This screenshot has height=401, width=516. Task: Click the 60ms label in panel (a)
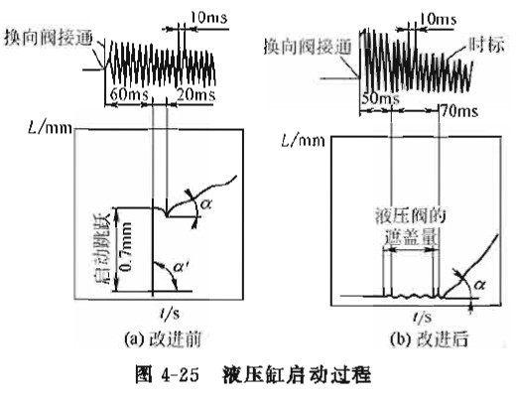point(129,94)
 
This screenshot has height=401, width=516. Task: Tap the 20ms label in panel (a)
point(195,94)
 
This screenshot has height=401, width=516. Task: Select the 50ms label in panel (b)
point(380,98)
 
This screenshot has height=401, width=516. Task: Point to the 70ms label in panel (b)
point(460,111)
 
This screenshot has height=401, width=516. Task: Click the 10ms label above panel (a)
point(208,17)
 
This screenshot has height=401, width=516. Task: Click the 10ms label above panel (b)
point(438,19)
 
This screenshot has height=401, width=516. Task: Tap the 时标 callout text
point(487,46)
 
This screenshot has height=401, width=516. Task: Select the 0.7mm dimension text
point(126,246)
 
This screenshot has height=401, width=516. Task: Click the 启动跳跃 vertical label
point(103,249)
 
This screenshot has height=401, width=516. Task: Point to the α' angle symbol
point(182,267)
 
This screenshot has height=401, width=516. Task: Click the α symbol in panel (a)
point(205,204)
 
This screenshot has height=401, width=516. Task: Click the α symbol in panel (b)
point(479,284)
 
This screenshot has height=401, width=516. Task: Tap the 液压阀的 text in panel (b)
point(411,216)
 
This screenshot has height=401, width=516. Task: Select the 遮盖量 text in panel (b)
point(411,236)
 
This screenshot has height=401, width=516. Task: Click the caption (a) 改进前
point(163,339)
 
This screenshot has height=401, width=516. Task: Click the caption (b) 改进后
point(430,339)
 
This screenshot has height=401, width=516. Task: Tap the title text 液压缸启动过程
point(297,374)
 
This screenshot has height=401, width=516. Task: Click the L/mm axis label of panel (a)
point(51,127)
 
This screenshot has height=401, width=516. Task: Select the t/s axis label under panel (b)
point(423,317)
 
